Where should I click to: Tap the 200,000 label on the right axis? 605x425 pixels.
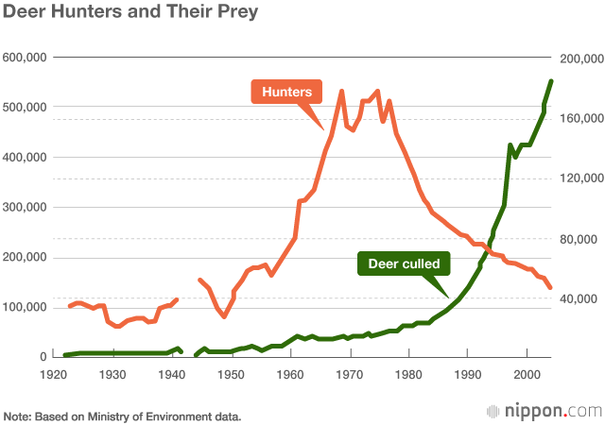(580, 59)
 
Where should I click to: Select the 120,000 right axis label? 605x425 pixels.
(580, 178)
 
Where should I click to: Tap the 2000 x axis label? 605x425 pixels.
(527, 374)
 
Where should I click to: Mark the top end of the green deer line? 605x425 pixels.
(551, 81)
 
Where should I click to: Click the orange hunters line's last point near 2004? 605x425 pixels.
(551, 288)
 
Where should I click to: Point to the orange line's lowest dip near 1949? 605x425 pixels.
(224, 316)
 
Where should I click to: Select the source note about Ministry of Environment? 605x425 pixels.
(123, 416)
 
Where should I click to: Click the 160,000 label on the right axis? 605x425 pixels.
(580, 119)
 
